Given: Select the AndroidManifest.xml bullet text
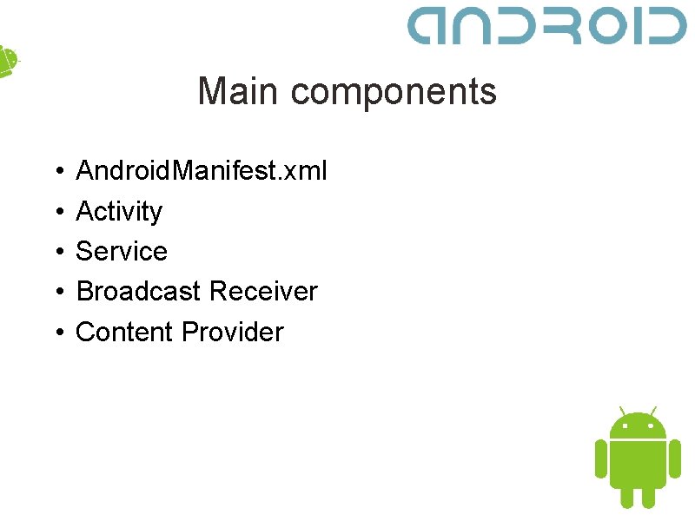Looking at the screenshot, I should click(x=202, y=171).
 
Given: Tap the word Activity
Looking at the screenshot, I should click(x=119, y=212).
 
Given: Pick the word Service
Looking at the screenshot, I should click(x=122, y=252).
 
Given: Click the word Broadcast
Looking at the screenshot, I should click(x=138, y=292).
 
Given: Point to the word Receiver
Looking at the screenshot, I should click(x=265, y=292).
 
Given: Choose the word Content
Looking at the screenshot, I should click(x=124, y=332).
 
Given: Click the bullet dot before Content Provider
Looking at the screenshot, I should click(x=54, y=333).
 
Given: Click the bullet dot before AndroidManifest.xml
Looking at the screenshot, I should click(x=54, y=172).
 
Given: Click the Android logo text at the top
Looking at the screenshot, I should click(x=547, y=26).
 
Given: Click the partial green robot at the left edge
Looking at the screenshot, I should click(x=7, y=61).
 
